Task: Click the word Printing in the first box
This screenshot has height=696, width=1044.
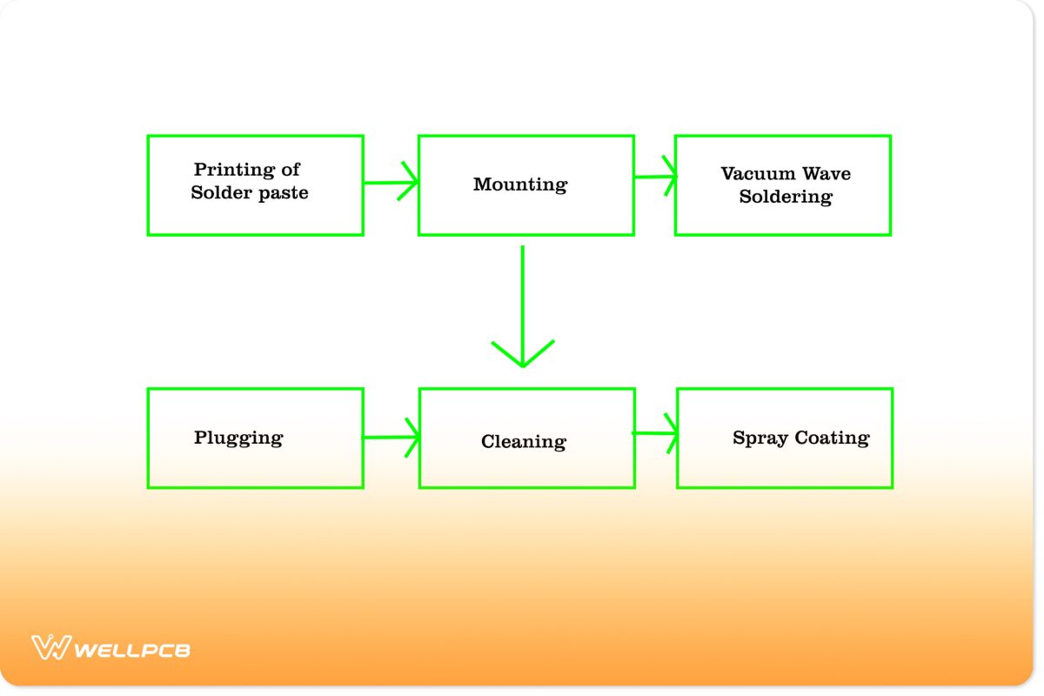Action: click(228, 170)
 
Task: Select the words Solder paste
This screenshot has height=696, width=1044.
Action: click(250, 193)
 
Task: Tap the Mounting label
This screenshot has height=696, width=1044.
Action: click(520, 184)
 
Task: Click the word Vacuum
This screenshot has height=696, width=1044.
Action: click(753, 173)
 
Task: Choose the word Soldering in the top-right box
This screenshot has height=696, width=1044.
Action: click(786, 197)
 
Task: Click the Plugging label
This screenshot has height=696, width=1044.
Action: click(238, 438)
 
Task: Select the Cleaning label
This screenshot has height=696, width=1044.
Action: click(524, 442)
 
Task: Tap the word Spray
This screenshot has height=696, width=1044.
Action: click(759, 438)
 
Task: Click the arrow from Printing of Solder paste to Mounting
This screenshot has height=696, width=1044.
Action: click(389, 183)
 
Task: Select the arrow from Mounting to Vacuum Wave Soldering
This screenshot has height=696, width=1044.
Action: click(654, 177)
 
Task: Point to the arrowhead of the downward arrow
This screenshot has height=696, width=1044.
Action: click(522, 355)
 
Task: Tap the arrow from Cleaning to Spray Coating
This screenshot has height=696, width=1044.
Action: click(654, 432)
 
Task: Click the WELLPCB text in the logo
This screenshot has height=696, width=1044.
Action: click(132, 649)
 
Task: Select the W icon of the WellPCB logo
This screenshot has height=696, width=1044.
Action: click(50, 647)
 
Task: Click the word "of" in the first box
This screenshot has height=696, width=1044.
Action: click(290, 170)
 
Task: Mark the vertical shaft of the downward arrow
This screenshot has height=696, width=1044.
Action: click(522, 296)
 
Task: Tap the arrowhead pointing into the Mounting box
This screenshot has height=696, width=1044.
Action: click(410, 182)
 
